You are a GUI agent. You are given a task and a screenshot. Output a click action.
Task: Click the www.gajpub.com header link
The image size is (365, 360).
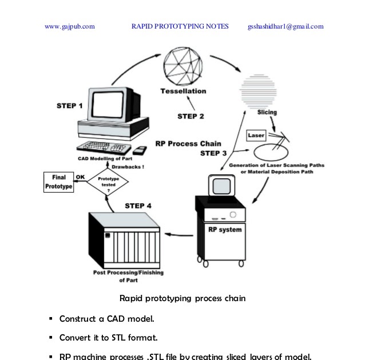click(x=70, y=26)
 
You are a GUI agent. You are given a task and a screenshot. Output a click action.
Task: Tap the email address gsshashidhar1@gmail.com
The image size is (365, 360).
click(x=285, y=26)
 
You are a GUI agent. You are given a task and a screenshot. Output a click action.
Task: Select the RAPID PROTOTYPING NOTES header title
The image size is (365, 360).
click(x=180, y=26)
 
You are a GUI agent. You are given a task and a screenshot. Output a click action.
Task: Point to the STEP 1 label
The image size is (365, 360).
click(x=70, y=106)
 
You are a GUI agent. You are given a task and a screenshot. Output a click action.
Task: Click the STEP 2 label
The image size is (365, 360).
click(x=191, y=116)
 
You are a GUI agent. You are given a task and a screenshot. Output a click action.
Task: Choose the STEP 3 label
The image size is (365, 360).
click(x=213, y=153)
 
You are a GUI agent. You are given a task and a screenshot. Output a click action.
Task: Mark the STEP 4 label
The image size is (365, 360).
click(x=138, y=205)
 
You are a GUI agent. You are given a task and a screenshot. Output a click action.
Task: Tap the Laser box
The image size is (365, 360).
click(x=256, y=135)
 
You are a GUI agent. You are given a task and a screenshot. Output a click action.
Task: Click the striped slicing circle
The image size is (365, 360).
click(x=262, y=91)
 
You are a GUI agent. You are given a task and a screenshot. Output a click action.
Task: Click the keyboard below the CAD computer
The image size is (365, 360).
click(x=103, y=147)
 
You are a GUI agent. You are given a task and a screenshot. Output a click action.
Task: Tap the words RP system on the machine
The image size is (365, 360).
click(x=223, y=230)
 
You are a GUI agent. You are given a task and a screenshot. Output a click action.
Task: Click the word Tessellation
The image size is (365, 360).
click(x=183, y=91)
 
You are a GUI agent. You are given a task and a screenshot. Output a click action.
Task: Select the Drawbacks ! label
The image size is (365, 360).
click(x=128, y=167)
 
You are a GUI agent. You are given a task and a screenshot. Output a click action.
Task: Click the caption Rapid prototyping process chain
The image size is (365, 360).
click(x=182, y=298)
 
